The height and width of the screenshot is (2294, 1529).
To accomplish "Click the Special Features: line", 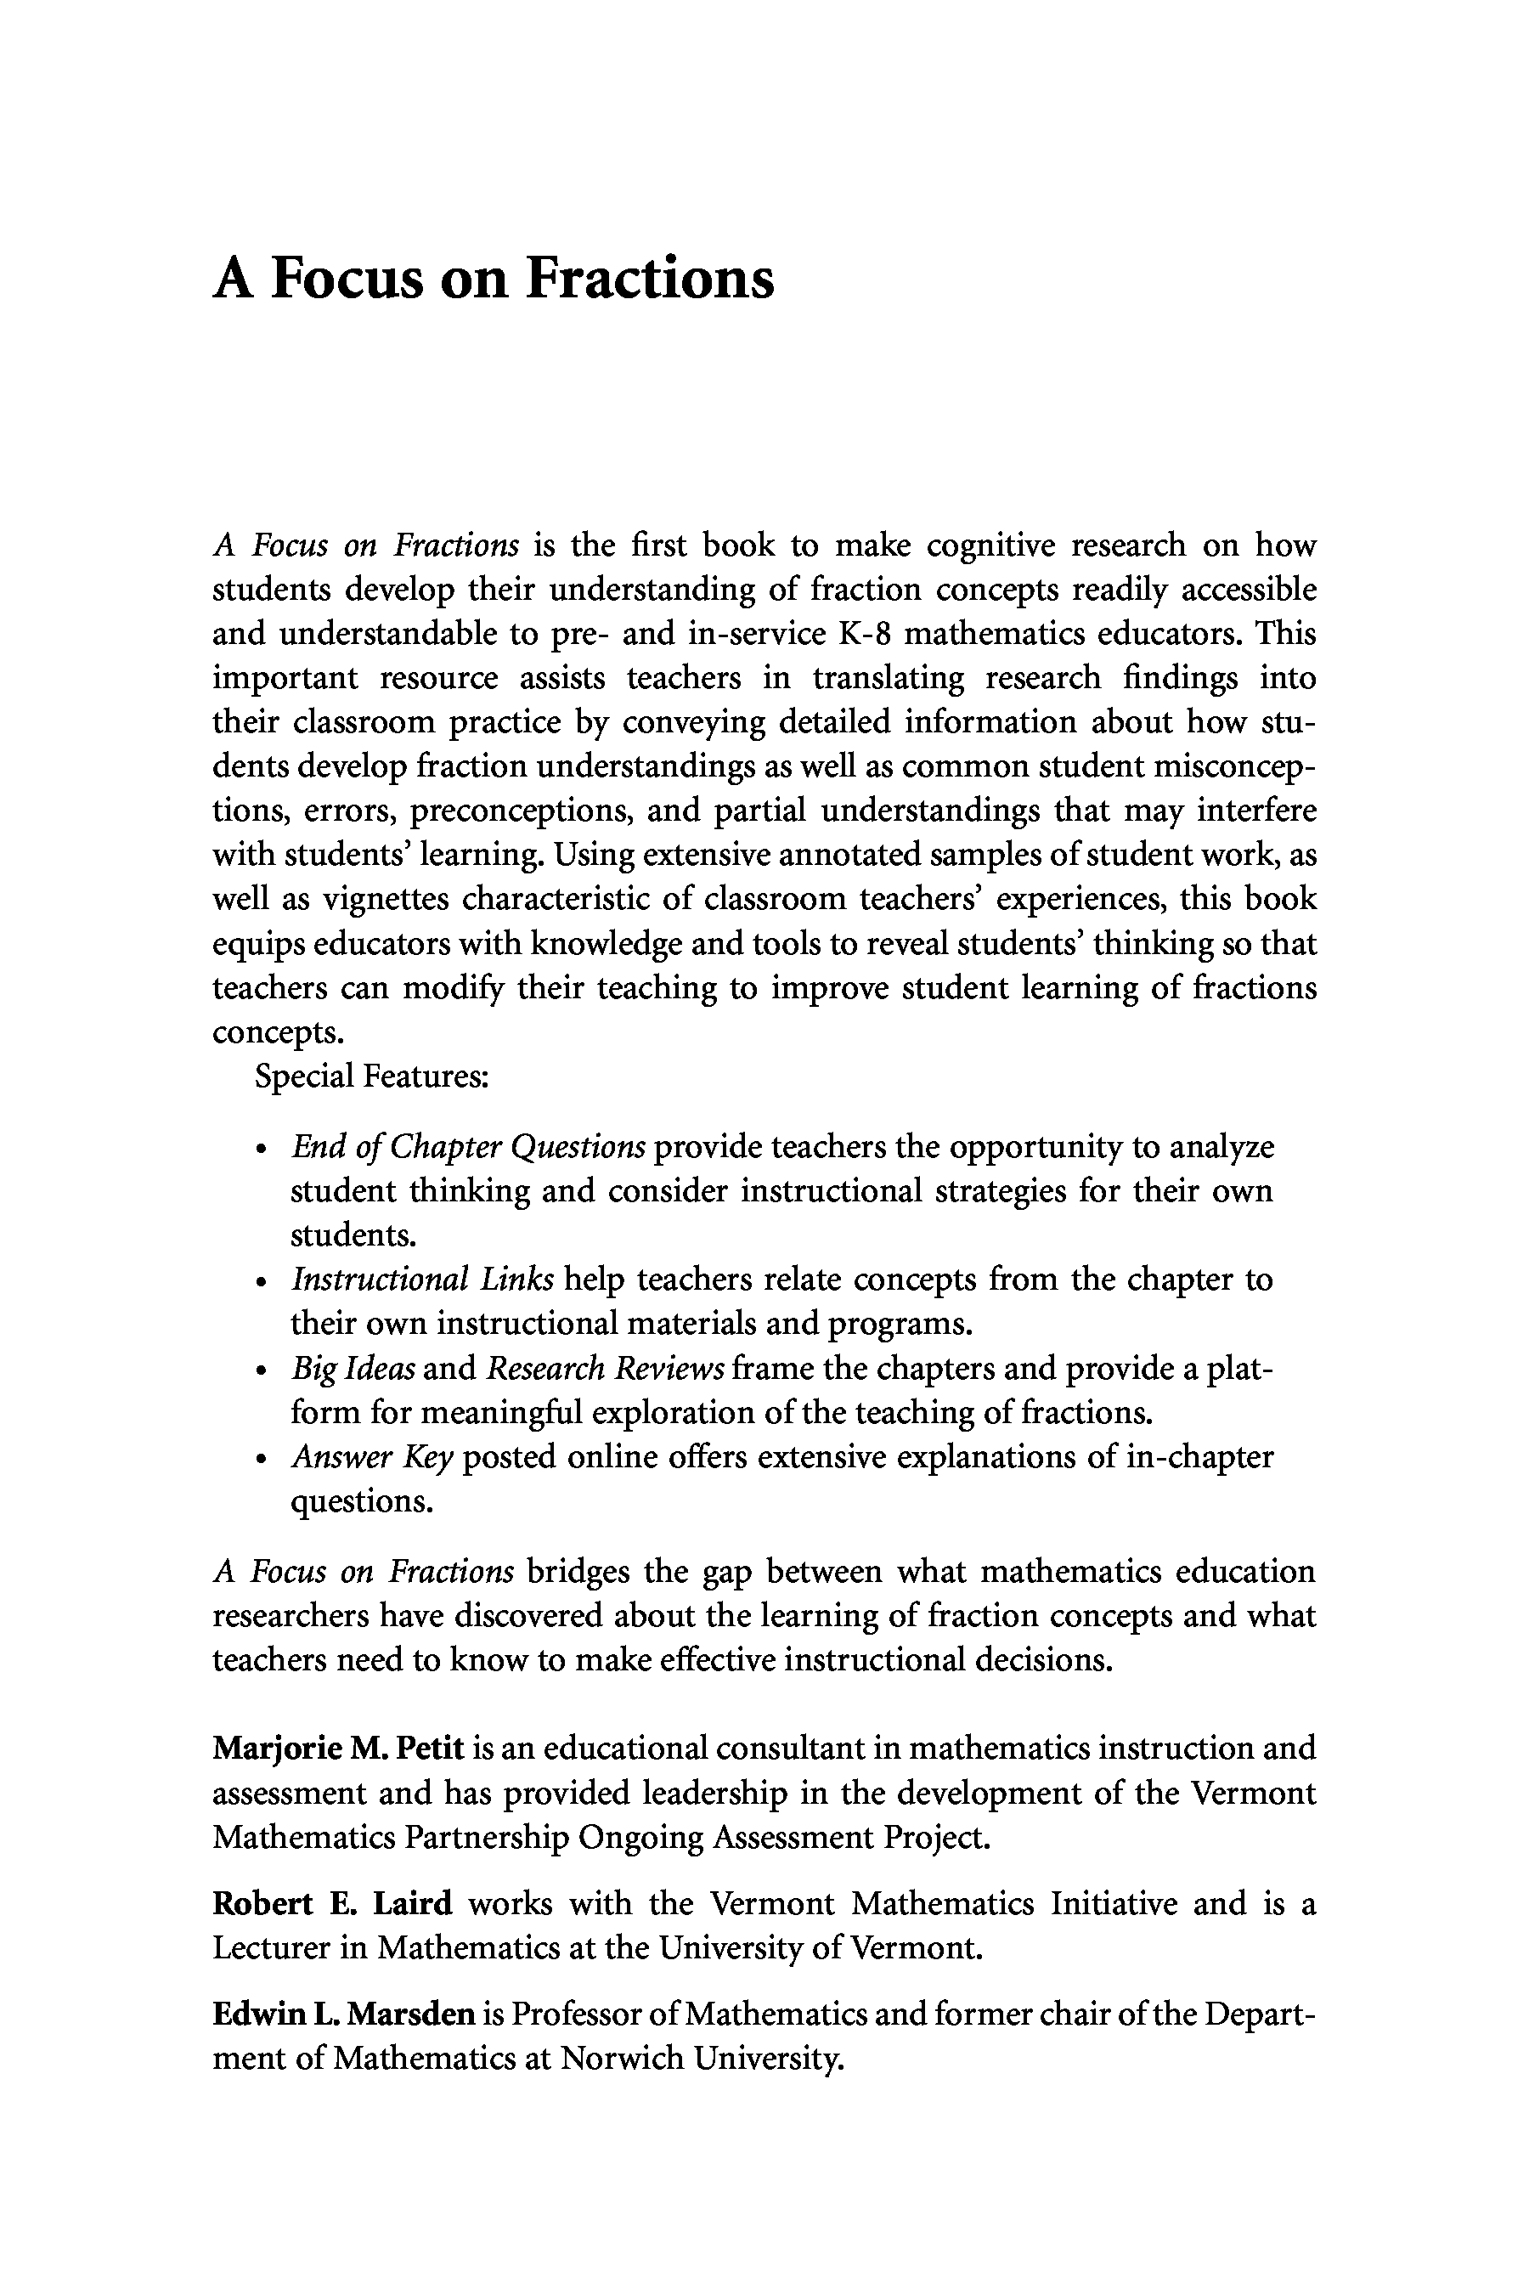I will tap(371, 1076).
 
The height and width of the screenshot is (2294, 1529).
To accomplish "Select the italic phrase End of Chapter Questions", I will tap(468, 1147).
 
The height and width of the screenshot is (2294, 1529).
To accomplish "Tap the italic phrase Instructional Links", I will tap(422, 1280).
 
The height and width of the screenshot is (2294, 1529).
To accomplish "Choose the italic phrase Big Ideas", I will tap(353, 1370).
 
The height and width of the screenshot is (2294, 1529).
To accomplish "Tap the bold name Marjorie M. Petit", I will tap(337, 1748).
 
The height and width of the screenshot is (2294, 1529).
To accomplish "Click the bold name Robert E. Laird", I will tap(332, 1904).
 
